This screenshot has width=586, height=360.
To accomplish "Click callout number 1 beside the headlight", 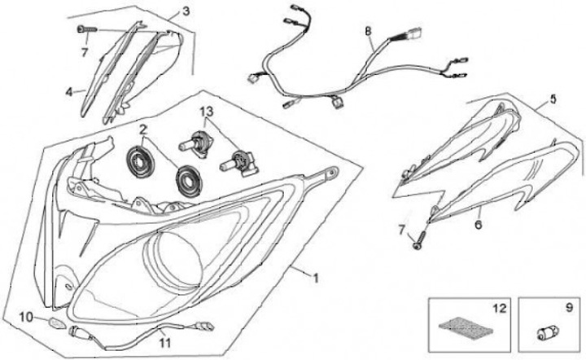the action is point(316,277).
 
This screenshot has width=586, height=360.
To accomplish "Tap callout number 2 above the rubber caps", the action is point(142,130).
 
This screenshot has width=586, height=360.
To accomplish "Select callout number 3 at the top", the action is point(186,11).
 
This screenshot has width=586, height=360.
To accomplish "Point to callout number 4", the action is point(69,91).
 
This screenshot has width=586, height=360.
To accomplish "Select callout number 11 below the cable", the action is point(164,342).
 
